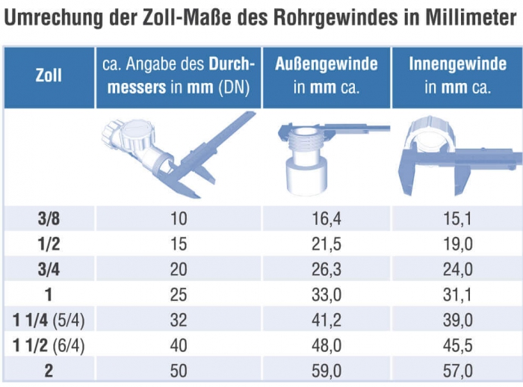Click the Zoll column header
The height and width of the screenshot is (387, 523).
tap(49, 75)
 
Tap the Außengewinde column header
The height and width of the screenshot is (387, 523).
tap(327, 75)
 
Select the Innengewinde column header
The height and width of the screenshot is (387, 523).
tap(457, 75)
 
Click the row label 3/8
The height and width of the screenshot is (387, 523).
tap(49, 219)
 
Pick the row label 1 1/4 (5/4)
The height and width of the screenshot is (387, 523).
tap(49, 321)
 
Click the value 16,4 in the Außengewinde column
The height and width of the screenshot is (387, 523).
tap(327, 219)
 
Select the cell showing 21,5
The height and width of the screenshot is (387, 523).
tap(327, 244)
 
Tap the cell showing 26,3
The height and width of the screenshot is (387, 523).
tap(327, 270)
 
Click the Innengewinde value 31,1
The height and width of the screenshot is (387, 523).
tap(458, 295)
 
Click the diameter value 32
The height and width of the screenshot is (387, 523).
tap(178, 321)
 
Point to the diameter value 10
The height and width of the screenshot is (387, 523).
tap(178, 219)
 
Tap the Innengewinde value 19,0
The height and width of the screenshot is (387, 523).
tap(458, 244)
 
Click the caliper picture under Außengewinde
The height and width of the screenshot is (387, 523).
tap(327, 157)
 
